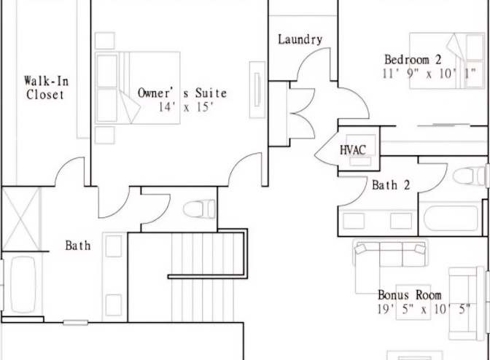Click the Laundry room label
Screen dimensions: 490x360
(300, 39)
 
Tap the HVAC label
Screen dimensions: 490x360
(352, 150)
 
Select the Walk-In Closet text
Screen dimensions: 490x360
(46, 87)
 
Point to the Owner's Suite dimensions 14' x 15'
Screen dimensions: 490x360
(186, 107)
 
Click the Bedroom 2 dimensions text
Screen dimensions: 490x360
(429, 74)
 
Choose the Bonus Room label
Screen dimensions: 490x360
(410, 295)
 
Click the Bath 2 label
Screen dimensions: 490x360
(391, 185)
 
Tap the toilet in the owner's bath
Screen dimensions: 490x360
(199, 209)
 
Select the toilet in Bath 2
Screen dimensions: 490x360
(470, 176)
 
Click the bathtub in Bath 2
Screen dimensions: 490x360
(451, 218)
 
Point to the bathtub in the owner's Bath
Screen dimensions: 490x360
(23, 284)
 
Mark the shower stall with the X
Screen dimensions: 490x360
(21, 219)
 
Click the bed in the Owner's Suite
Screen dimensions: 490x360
(138, 87)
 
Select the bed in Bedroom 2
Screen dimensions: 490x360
(447, 60)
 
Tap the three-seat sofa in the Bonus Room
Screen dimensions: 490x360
(390, 253)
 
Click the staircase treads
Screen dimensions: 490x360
(203, 277)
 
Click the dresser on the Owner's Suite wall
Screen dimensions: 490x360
(257, 90)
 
